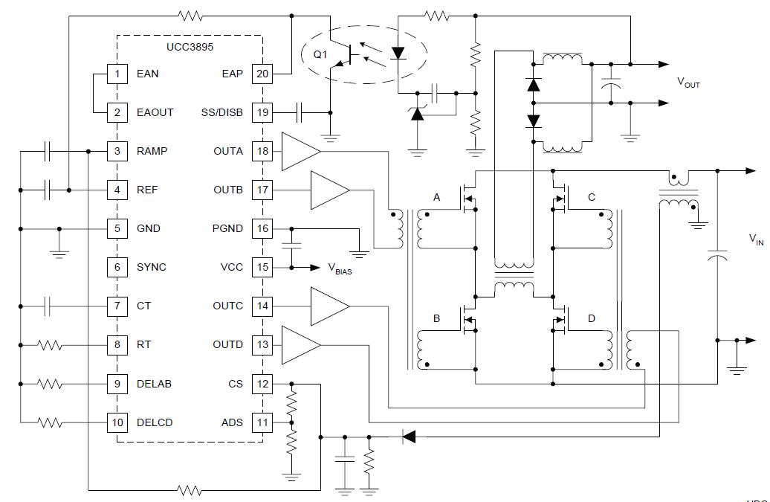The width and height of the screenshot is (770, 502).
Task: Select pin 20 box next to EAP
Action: point(262,74)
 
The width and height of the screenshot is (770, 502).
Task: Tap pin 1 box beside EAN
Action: point(117,74)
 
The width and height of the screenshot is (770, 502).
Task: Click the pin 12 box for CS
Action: point(262,384)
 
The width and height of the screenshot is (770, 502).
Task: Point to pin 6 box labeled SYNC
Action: point(117,267)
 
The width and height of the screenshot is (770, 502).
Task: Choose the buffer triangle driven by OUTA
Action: point(300,151)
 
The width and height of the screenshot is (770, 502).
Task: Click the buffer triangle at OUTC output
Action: point(329,306)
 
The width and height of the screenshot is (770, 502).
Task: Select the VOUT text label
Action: point(688,83)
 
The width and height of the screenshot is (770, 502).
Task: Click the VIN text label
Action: point(755,239)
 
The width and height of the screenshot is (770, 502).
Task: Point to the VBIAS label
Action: point(339,269)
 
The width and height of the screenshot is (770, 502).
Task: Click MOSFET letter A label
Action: point(437,197)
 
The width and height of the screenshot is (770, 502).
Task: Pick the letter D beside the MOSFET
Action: point(592,318)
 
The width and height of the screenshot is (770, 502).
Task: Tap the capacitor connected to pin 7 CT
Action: point(48,306)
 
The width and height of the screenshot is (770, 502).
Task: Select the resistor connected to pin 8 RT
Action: point(50,344)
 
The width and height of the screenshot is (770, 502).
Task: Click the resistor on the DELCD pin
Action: point(50,422)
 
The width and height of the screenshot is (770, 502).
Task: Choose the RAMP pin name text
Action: point(152,151)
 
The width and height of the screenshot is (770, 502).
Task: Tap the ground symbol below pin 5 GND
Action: point(59,252)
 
